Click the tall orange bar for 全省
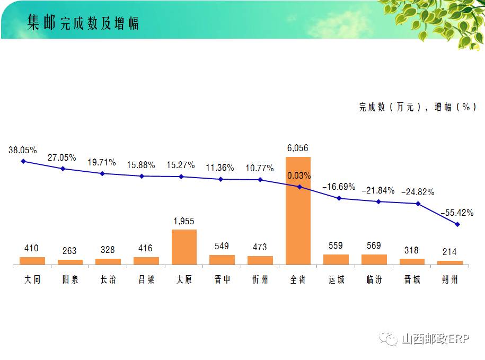coord(298,211)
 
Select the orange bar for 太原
coord(184,247)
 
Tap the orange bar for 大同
coord(32,261)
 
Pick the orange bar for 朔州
coord(450,262)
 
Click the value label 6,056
coord(298,148)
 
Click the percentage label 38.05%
coord(23,151)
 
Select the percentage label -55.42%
coord(457,213)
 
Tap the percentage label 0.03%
coord(299,175)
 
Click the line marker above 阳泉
coord(63,169)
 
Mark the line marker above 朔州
coord(457,224)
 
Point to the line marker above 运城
coord(339,198)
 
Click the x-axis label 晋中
coord(222,279)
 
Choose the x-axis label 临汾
coord(374,279)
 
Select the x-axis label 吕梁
coord(146,279)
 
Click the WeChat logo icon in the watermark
coord(391,339)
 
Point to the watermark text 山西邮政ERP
coord(435,339)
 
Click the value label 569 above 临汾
coord(374,245)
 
